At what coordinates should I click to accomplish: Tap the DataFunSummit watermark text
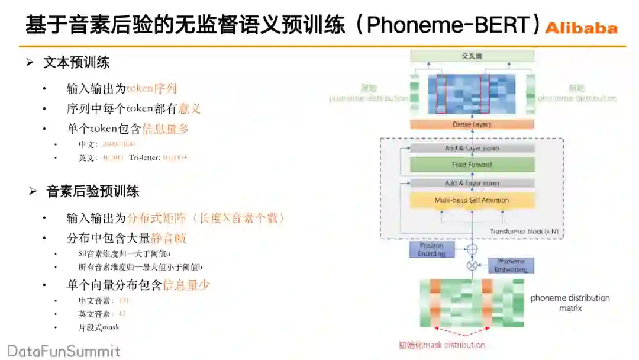(x=63, y=351)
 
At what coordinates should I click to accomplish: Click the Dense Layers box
(x=472, y=124)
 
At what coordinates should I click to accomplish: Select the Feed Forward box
(x=472, y=165)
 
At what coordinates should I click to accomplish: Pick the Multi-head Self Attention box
(x=472, y=200)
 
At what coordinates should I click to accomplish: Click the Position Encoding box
(x=432, y=249)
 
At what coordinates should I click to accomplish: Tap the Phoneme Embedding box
(x=511, y=265)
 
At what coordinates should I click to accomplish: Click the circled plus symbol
(x=472, y=249)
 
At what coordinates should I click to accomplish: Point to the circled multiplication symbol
(x=472, y=265)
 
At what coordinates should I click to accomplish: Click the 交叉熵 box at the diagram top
(x=472, y=56)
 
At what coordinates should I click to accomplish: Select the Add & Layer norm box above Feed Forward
(x=472, y=148)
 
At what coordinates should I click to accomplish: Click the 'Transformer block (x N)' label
(x=523, y=231)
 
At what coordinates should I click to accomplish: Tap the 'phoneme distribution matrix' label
(x=570, y=303)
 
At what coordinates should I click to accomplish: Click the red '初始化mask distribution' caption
(x=442, y=345)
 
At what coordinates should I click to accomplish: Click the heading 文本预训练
(x=76, y=63)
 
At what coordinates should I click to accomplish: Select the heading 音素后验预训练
(x=93, y=191)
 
